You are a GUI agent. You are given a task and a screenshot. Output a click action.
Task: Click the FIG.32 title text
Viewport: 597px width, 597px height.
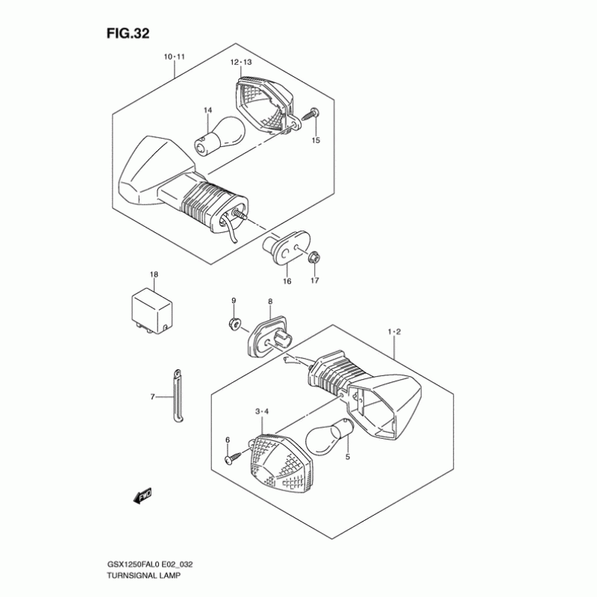pyautogui.click(x=136, y=34)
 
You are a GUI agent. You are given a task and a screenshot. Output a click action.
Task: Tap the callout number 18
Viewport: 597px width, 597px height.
pyautogui.click(x=154, y=275)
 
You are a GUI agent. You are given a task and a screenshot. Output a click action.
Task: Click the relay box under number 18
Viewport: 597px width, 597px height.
pyautogui.click(x=154, y=309)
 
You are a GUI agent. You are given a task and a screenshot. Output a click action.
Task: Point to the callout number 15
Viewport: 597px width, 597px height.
pyautogui.click(x=315, y=140)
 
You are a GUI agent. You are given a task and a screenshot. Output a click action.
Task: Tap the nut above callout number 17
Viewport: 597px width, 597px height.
pyautogui.click(x=314, y=258)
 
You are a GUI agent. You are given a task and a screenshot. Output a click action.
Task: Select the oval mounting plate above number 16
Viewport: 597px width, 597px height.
pyautogui.click(x=287, y=246)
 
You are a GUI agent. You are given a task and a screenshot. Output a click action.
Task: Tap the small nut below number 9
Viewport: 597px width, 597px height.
pyautogui.click(x=234, y=324)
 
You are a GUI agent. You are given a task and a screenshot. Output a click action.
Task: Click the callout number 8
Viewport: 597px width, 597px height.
pyautogui.click(x=270, y=301)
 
